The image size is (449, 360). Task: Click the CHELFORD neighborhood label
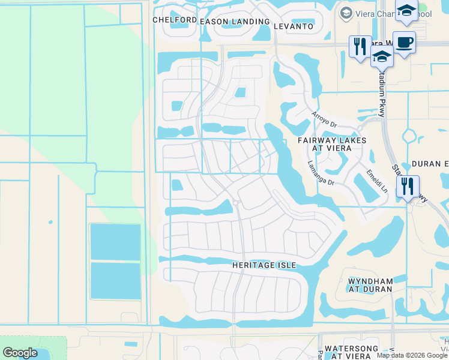pos(175,20)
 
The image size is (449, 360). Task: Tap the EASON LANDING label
pos(235,22)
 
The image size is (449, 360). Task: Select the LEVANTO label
pos(294,26)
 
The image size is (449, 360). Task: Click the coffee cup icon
pos(404,43)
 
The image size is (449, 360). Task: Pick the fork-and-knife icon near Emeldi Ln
pos(408,187)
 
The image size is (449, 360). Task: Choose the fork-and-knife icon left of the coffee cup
pos(360,47)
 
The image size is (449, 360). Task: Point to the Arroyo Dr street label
pos(324,118)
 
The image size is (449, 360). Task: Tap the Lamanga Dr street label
pos(320,173)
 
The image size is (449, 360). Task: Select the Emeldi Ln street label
pos(376,181)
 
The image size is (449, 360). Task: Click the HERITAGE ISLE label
pos(264,265)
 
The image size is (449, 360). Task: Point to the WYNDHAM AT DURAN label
pos(370,285)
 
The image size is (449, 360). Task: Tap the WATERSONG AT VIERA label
pos(356,352)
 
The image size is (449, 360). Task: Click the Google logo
pos(20,353)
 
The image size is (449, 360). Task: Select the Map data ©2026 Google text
pos(412,355)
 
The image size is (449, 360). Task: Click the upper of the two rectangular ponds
pos(115,241)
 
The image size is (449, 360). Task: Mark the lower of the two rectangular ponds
pos(115,280)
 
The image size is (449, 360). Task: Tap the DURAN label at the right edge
pos(430,164)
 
